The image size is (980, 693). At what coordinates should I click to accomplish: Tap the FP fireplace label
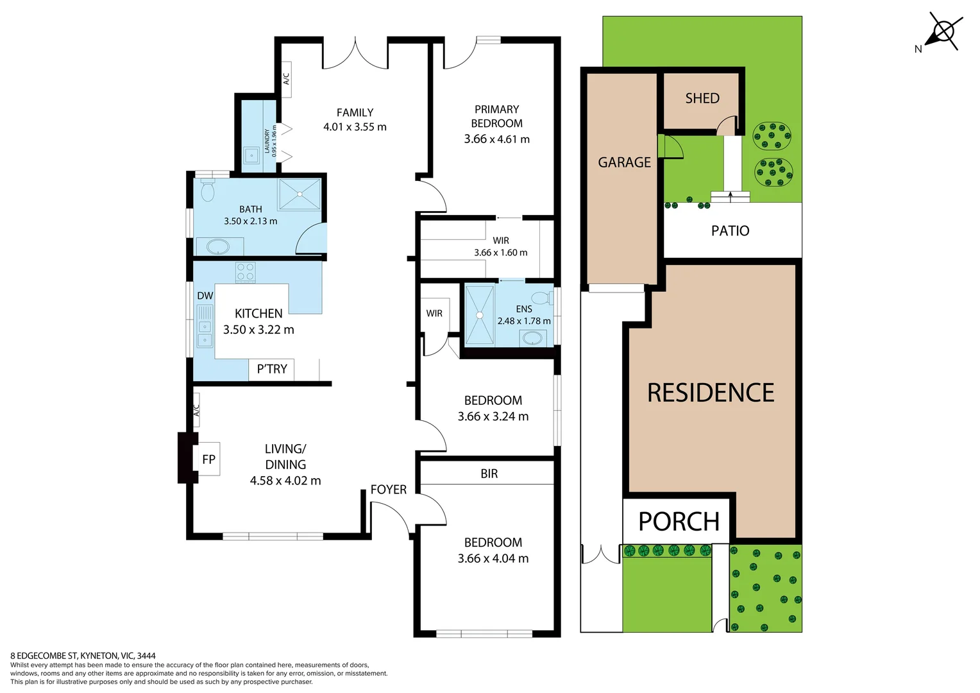tap(208, 459)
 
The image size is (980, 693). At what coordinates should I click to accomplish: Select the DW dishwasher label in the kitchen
tap(205, 296)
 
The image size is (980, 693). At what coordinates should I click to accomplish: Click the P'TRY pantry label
tap(272, 369)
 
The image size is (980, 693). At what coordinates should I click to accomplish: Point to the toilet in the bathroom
tap(207, 191)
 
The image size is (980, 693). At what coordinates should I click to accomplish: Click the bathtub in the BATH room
tap(217, 246)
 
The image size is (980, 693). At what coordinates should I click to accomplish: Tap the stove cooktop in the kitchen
tap(245, 272)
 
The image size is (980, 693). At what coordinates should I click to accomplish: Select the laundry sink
tap(251, 155)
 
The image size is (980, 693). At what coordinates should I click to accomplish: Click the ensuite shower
tap(479, 315)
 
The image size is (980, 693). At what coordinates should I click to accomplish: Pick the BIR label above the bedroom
tap(489, 474)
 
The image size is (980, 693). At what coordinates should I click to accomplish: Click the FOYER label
tap(388, 490)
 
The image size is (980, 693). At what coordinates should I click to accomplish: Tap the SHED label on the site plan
tap(702, 98)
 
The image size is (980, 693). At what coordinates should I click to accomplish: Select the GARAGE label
tap(624, 162)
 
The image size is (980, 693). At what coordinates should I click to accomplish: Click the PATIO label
tap(730, 231)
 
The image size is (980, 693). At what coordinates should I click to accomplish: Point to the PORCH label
tap(679, 522)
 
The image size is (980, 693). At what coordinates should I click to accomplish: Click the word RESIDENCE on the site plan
tap(711, 393)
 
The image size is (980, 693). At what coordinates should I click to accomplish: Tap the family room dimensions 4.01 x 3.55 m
tap(355, 127)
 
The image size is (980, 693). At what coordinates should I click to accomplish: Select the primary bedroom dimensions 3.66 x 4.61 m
tap(496, 139)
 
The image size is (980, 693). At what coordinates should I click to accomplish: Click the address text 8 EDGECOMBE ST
tap(44, 656)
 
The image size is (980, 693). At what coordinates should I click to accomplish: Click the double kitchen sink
tap(205, 334)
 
